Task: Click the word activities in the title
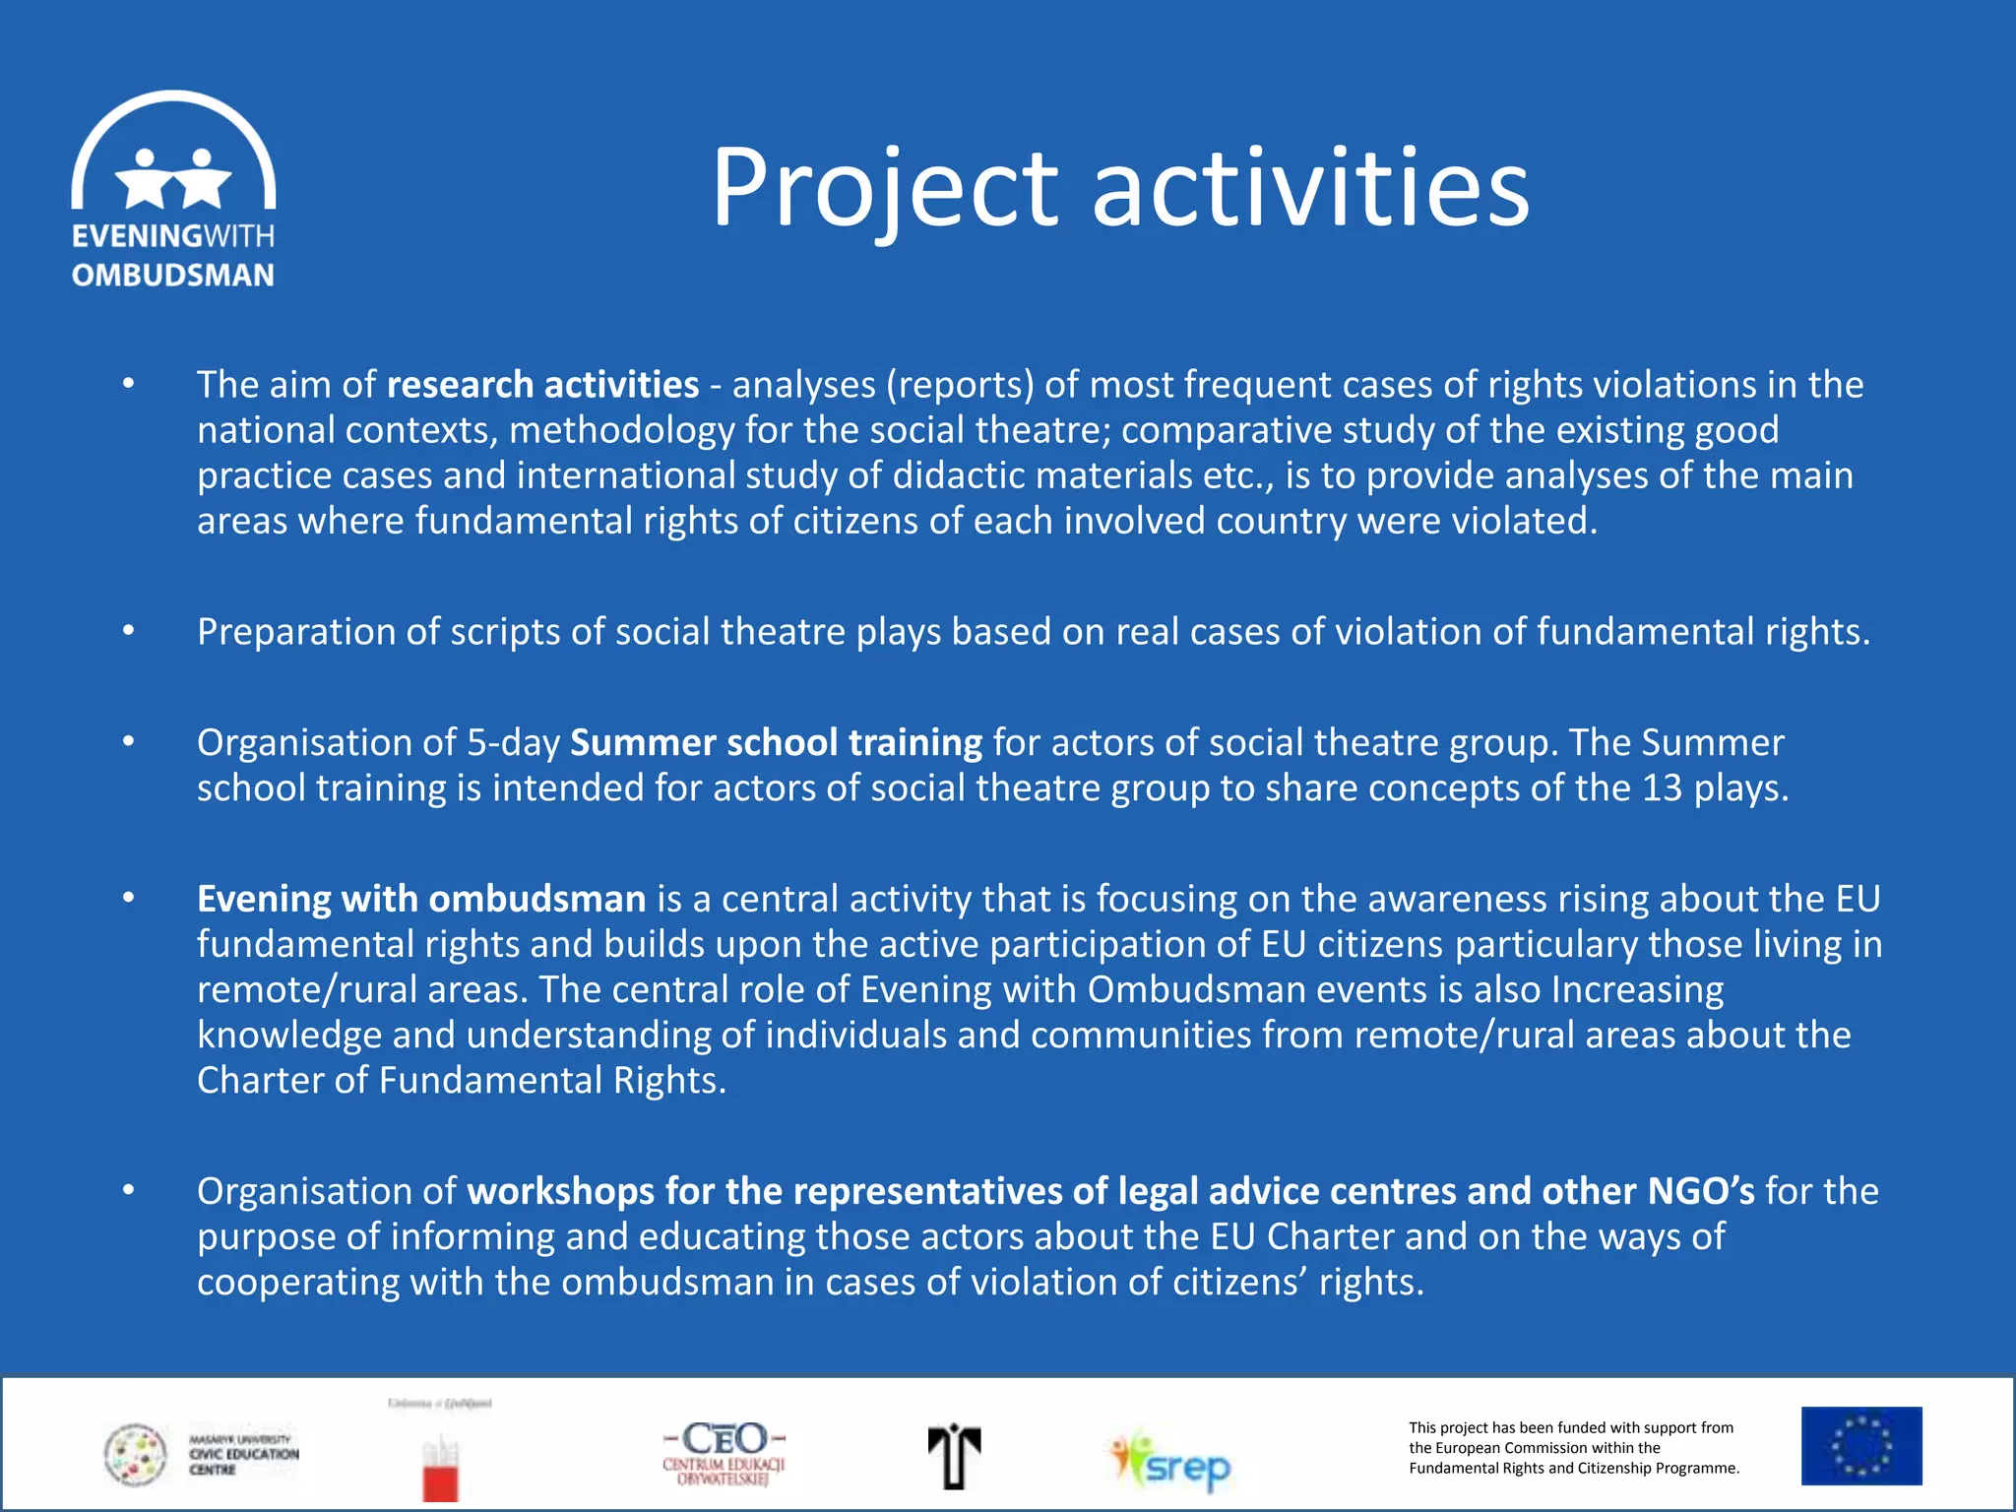[1310, 187]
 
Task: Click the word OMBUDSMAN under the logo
[173, 276]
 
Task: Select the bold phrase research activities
[542, 385]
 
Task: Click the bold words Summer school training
[776, 742]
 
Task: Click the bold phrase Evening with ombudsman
[421, 899]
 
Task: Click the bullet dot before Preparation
[128, 630]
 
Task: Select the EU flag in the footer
[1860, 1445]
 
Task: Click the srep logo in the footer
[1171, 1461]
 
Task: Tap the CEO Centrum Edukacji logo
[724, 1452]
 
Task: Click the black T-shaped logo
[953, 1456]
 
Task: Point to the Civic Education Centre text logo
[243, 1454]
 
